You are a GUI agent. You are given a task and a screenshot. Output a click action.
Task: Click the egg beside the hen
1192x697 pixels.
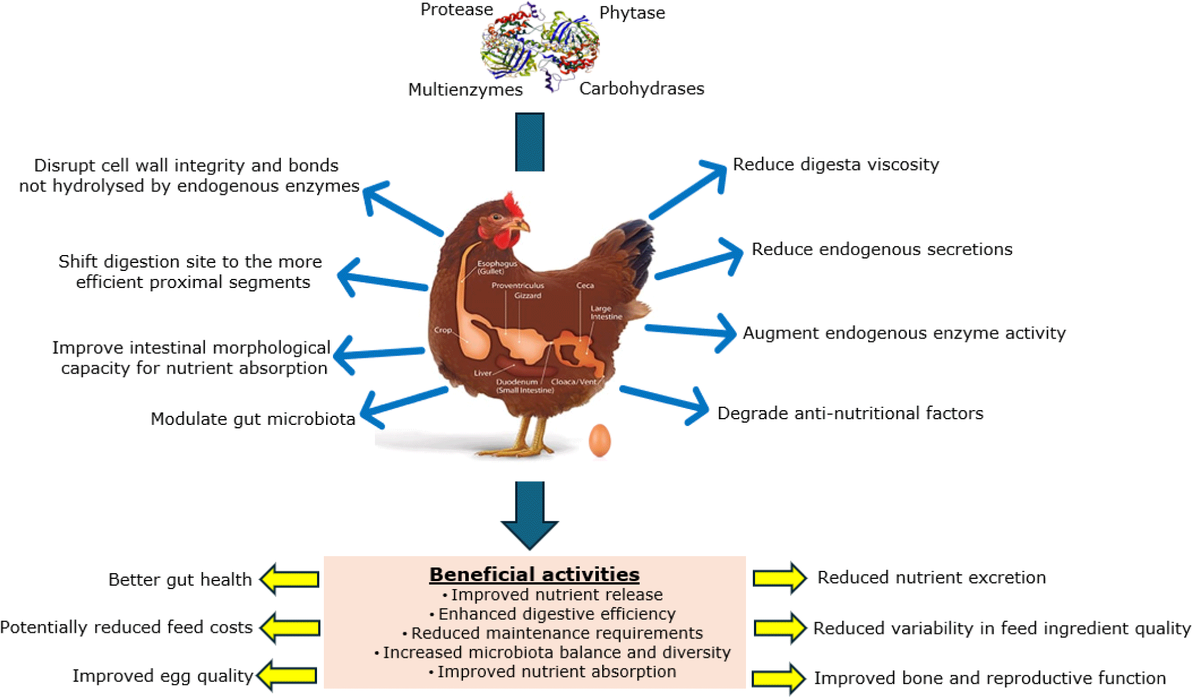[599, 440]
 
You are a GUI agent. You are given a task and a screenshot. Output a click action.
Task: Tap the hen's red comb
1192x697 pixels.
[513, 206]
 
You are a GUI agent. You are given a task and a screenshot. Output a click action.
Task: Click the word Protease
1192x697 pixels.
[456, 10]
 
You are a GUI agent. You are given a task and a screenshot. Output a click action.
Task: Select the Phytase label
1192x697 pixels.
[632, 12]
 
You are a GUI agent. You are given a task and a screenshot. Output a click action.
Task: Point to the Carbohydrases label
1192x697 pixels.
[641, 89]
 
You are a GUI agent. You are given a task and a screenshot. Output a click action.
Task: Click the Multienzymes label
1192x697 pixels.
[465, 90]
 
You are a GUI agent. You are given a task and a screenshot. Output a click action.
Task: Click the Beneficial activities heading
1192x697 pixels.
[534, 574]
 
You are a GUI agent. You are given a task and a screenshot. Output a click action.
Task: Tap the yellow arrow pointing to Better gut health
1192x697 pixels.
[290, 579]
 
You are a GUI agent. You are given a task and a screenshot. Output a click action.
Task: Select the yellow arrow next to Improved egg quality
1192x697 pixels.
[287, 675]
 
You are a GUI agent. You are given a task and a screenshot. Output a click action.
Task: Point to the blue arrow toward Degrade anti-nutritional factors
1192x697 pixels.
[665, 401]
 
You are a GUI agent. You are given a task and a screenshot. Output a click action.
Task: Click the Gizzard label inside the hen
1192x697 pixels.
[528, 295]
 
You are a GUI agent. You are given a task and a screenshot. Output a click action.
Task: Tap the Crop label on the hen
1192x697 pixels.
[443, 330]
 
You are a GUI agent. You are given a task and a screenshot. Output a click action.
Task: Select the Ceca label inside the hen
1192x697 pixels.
[585, 285]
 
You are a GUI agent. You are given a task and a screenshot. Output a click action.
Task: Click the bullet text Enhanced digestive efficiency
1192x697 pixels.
[557, 614]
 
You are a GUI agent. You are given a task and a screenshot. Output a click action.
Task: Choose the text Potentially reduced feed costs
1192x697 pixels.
[126, 627]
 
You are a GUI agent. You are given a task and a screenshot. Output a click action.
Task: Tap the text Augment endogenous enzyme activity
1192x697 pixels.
[904, 333]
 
